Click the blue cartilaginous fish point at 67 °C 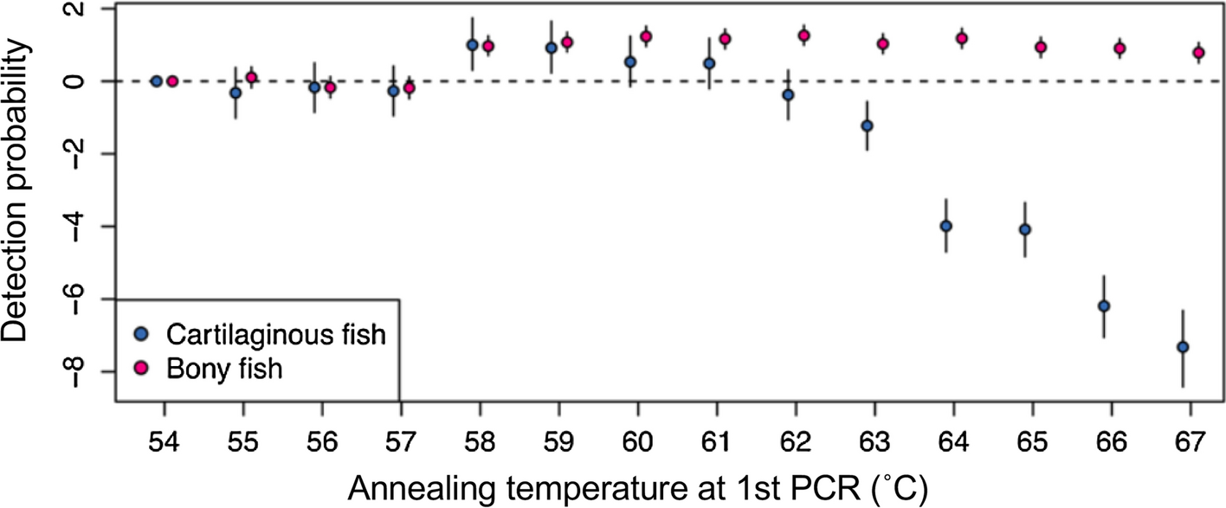[x=1183, y=347]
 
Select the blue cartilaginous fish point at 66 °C [x=1103, y=306]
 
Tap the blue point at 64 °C [x=945, y=226]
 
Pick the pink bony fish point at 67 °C [x=1199, y=53]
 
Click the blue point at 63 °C [x=867, y=125]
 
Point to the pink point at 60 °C [x=646, y=36]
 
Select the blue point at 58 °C [x=472, y=44]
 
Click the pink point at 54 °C [x=171, y=81]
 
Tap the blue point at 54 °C [x=156, y=81]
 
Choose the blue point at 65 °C [x=1025, y=229]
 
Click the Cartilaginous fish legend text [x=274, y=335]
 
